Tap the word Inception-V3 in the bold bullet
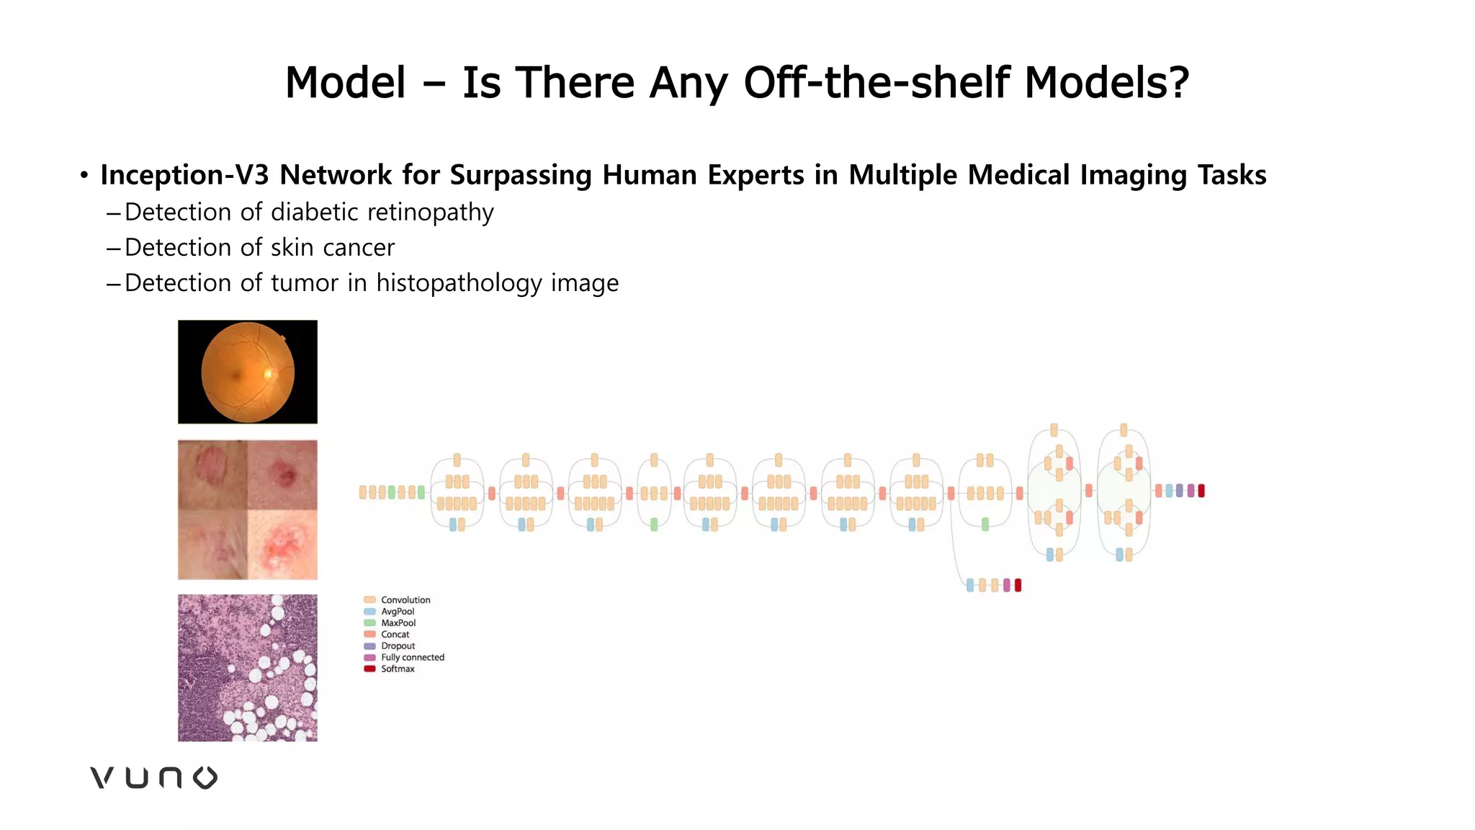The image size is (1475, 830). tap(184, 175)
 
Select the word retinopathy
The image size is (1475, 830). tap(430, 213)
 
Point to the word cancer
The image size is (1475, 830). tap(358, 248)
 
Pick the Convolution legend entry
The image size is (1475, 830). tap(405, 600)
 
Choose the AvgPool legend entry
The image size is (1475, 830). tap(398, 612)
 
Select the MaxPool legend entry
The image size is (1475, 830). tap(398, 623)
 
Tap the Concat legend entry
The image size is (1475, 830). tap(395, 635)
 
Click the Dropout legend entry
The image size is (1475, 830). tap(398, 646)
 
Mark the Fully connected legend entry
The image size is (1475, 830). tap(412, 658)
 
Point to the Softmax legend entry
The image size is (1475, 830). tap(398, 669)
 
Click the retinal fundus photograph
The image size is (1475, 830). tap(248, 372)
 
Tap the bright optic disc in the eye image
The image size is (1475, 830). tap(270, 373)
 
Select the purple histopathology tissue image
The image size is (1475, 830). tap(248, 668)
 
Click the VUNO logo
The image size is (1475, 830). tap(153, 778)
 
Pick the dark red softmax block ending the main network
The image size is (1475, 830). tap(1201, 491)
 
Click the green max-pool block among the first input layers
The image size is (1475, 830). tap(392, 493)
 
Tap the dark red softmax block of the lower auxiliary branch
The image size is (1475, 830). tap(1018, 585)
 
